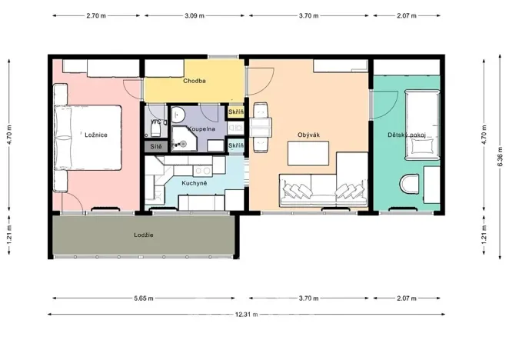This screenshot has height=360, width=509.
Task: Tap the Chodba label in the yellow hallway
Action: click(194, 81)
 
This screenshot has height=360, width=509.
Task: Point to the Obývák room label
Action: click(308, 135)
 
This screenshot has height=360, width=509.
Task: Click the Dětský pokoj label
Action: click(407, 135)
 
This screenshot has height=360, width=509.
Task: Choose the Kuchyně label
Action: click(192, 183)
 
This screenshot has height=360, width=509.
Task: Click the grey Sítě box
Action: click(155, 145)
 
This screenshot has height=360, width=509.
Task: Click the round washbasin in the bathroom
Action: click(179, 114)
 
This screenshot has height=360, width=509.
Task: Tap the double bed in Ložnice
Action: click(88, 138)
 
